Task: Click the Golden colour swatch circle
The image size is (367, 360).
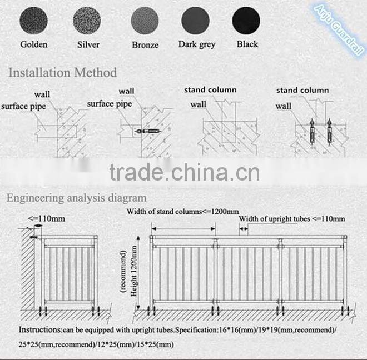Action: [34, 22]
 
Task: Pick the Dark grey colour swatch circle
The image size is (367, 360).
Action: [196, 22]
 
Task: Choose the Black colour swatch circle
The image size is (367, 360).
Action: [246, 22]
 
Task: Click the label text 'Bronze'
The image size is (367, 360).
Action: [145, 45]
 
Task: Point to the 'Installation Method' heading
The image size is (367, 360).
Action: [63, 72]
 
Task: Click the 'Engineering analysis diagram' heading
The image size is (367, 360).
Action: [76, 197]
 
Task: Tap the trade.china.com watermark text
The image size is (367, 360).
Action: [184, 172]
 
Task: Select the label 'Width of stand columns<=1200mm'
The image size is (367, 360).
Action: [183, 211]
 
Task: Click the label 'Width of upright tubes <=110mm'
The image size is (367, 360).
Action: [292, 219]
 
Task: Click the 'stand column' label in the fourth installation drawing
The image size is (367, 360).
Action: [302, 90]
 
